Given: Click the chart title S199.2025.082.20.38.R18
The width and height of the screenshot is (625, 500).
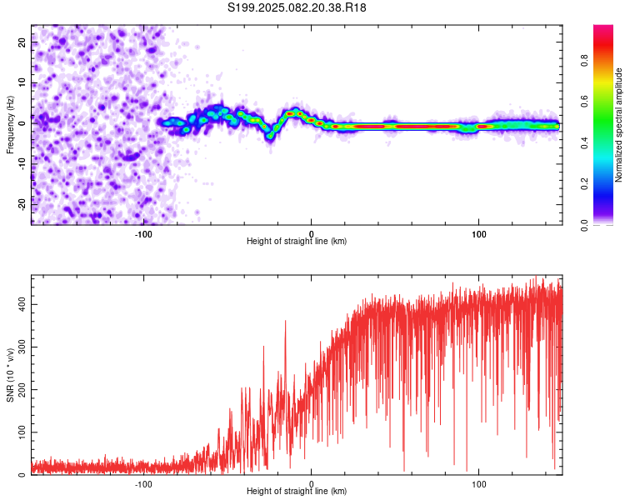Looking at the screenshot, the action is pyautogui.click(x=297, y=7).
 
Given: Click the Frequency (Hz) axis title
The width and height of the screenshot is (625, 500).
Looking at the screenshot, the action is pyautogui.click(x=10, y=125).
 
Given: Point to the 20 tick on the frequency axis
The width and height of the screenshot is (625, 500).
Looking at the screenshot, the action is pyautogui.click(x=22, y=42).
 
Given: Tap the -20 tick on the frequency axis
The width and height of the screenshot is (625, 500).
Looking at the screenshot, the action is pyautogui.click(x=22, y=204).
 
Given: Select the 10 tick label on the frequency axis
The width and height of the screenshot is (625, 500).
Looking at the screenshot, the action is pyautogui.click(x=22, y=82).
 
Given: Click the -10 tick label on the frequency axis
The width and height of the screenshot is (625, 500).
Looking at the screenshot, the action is pyautogui.click(x=22, y=164).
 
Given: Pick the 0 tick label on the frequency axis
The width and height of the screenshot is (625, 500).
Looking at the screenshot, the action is pyautogui.click(x=22, y=123).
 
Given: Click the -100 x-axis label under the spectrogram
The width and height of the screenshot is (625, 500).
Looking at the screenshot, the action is pyautogui.click(x=143, y=234).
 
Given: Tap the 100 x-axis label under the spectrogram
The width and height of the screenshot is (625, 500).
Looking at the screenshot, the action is pyautogui.click(x=478, y=234).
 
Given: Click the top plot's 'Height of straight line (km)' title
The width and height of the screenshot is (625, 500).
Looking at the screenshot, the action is pyautogui.click(x=297, y=241).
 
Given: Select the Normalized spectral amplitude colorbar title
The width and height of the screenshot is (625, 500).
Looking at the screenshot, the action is pyautogui.click(x=618, y=125).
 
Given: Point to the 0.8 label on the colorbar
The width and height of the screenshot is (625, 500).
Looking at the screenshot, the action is pyautogui.click(x=584, y=61).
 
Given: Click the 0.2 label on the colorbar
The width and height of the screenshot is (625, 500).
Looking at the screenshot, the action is pyautogui.click(x=584, y=184).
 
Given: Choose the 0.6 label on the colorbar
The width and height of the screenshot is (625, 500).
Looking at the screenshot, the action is pyautogui.click(x=584, y=102).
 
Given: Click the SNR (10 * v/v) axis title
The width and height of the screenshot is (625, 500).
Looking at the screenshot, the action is pyautogui.click(x=10, y=375).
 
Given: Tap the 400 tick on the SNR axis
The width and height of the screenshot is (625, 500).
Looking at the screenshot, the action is pyautogui.click(x=22, y=304).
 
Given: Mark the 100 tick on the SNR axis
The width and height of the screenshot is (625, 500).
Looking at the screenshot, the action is pyautogui.click(x=22, y=432).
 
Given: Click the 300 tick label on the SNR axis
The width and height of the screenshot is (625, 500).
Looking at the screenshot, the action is pyautogui.click(x=22, y=347).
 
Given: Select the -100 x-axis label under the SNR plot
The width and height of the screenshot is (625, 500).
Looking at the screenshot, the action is pyautogui.click(x=143, y=484).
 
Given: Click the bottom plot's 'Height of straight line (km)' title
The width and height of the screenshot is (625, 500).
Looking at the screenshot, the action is pyautogui.click(x=297, y=491).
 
